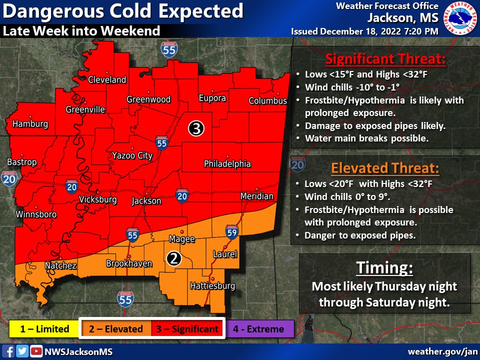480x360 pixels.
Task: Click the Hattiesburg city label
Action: [212, 286]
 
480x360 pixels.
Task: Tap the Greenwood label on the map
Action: [148, 99]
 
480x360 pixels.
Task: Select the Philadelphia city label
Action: [227, 164]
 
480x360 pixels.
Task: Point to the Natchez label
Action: [60, 265]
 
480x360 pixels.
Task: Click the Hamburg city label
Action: [30, 124]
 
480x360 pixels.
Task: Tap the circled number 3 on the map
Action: [195, 128]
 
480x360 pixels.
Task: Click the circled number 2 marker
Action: [173, 258]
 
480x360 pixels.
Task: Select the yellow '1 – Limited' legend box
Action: [44, 329]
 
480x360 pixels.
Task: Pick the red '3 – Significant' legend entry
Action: [187, 329]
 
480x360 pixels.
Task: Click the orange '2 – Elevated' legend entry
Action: [116, 329]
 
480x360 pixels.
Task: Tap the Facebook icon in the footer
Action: [9, 351]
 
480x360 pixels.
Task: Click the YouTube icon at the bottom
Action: [35, 351]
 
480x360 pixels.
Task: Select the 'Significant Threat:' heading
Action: [385, 59]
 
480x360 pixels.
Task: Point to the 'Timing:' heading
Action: [384, 268]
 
